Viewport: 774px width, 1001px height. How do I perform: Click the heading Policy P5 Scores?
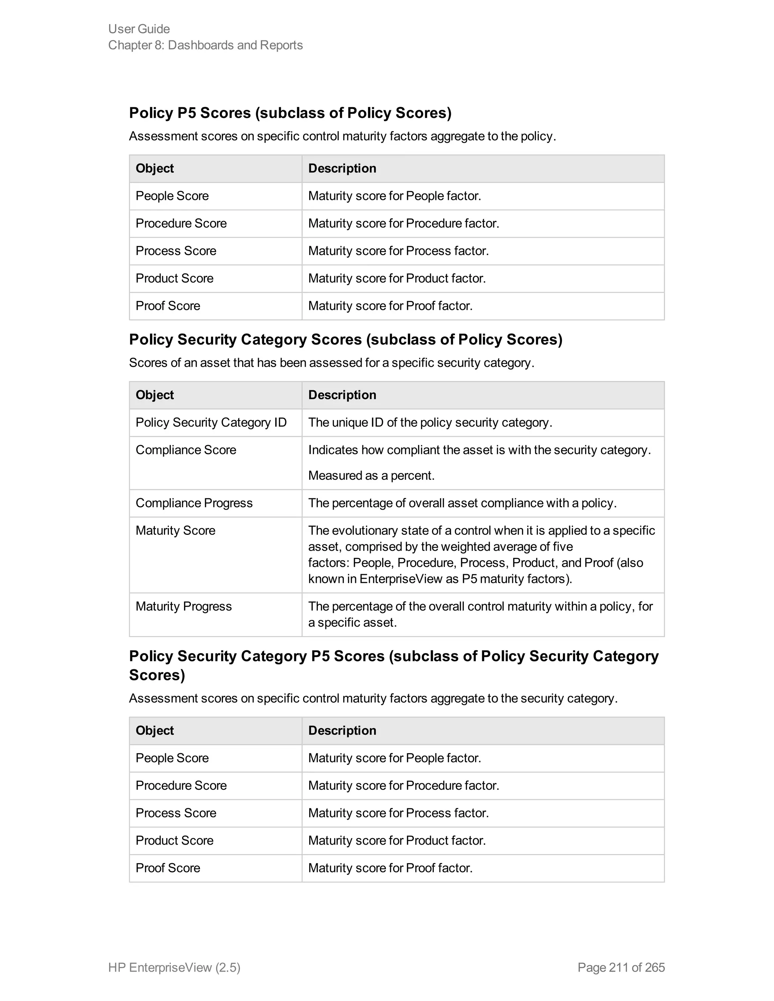290,113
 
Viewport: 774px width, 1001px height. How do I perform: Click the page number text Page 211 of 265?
621,967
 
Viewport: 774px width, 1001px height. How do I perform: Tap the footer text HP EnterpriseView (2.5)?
174,967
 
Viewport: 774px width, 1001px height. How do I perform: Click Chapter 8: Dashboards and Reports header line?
206,45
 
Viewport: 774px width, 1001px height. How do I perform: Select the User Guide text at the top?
139,29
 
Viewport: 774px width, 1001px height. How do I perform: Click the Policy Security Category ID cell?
211,422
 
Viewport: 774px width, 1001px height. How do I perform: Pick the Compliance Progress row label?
194,503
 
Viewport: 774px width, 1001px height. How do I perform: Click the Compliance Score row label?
186,450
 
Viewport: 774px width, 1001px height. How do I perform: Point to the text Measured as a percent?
371,475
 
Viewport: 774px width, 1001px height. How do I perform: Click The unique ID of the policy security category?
430,422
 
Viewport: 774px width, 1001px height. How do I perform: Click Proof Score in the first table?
168,306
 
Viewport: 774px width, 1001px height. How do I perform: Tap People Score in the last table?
172,758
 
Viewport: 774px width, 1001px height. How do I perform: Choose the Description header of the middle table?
342,395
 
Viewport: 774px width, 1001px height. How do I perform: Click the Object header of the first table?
155,168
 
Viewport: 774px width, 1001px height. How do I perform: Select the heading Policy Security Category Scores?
345,339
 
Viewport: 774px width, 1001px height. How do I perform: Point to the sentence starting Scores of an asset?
331,363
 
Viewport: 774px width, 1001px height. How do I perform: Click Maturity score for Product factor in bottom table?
396,840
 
